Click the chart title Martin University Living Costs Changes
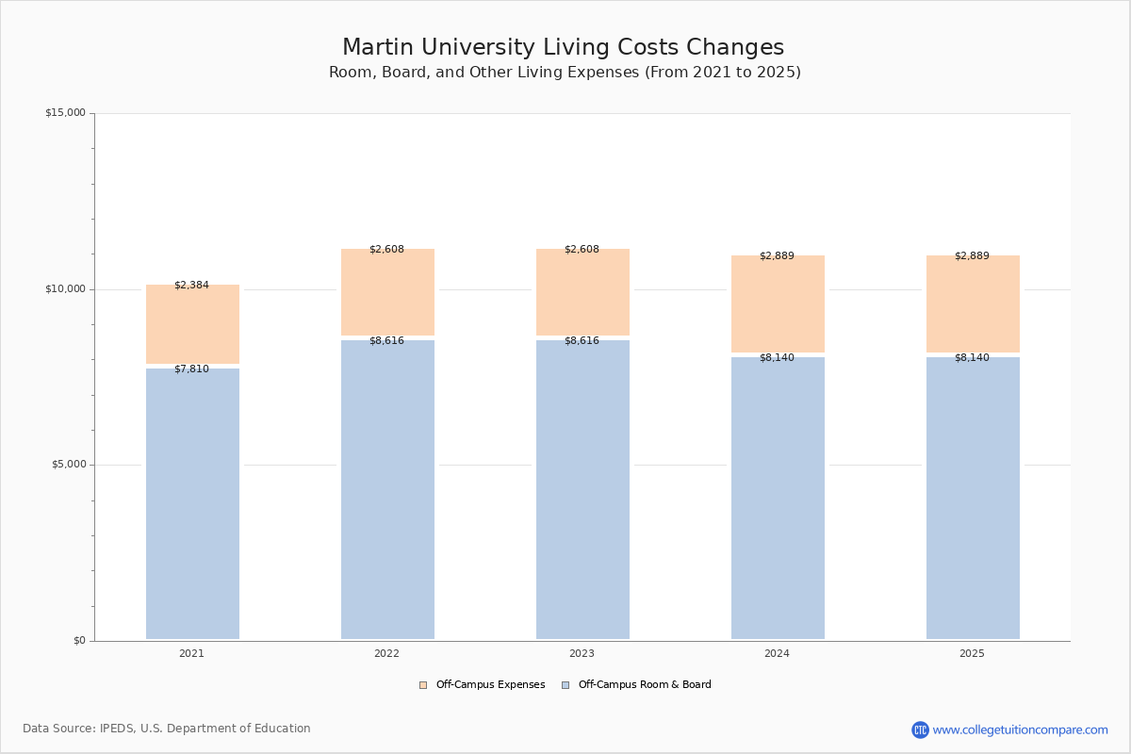(x=563, y=48)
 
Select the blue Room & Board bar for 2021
(x=192, y=504)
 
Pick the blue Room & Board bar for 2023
(x=582, y=490)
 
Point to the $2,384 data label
(x=191, y=285)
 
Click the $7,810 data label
(x=191, y=369)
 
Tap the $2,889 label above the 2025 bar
(x=972, y=255)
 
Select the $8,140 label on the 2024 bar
(x=777, y=357)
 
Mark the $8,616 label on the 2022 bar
(x=386, y=340)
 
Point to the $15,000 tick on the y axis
(x=65, y=113)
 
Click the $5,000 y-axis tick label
(x=67, y=465)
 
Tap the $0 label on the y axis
(x=79, y=641)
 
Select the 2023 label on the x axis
(x=582, y=653)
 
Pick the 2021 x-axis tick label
(x=191, y=653)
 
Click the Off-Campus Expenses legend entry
(x=483, y=685)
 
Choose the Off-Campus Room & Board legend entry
(x=636, y=685)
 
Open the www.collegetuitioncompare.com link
(x=1020, y=729)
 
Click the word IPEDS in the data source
(x=118, y=729)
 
